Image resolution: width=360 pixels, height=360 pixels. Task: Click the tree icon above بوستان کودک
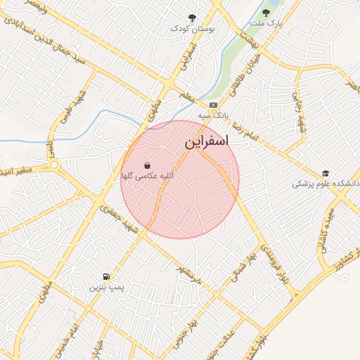point(193,18)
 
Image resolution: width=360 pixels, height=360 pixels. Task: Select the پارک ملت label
point(270,23)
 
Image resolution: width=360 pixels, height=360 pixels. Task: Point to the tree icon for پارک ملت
point(266,12)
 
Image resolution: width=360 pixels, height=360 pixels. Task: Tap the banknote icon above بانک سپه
point(213,104)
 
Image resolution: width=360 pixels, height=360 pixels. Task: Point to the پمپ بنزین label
point(106,288)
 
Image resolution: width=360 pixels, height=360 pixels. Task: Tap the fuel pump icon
point(106,276)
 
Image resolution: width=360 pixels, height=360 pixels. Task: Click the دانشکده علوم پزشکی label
point(326,184)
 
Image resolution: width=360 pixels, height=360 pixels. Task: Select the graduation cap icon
point(325,173)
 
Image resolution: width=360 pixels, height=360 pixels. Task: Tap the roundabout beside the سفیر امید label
point(54,165)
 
